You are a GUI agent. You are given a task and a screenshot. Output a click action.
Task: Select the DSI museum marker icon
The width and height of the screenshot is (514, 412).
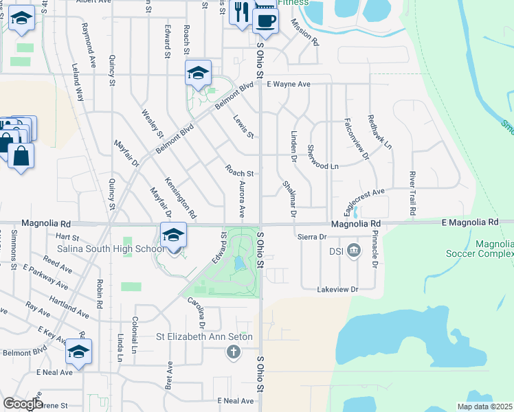pyautogui.click(x=354, y=249)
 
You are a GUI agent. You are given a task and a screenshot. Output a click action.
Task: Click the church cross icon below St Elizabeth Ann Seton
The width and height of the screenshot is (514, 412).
pyautogui.click(x=234, y=352)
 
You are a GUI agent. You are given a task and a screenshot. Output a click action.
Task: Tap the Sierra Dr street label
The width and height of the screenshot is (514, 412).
pyautogui.click(x=311, y=236)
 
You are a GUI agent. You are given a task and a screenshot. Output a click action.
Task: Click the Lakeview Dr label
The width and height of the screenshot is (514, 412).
pyautogui.click(x=338, y=290)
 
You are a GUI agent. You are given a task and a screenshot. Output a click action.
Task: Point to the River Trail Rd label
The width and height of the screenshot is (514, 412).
pyautogui.click(x=412, y=194)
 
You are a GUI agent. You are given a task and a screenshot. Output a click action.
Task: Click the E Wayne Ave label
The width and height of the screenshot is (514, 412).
pyautogui.click(x=289, y=84)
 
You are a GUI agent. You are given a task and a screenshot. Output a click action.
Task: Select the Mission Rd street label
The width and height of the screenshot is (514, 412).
pyautogui.click(x=304, y=32)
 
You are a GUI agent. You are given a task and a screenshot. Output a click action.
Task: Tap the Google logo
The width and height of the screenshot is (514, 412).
pyautogui.click(x=23, y=404)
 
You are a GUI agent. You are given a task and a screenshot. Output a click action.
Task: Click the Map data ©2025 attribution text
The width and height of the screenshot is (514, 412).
pyautogui.click(x=484, y=407)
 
